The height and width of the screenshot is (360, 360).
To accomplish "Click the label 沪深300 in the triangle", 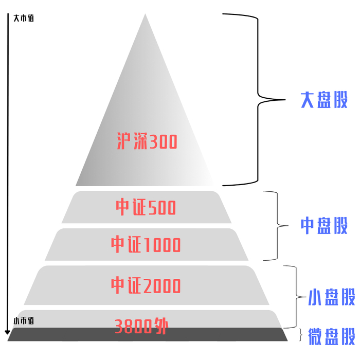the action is click(147, 141).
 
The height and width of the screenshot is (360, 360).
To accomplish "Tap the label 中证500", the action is click(146, 207).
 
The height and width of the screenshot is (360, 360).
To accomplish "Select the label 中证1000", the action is click(146, 245).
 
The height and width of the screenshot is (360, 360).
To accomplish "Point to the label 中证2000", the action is click(146, 285).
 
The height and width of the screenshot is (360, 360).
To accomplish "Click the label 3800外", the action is click(141, 326).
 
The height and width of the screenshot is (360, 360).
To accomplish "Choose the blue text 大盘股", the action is click(324, 100).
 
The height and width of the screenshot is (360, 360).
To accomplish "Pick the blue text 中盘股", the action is click(324, 225).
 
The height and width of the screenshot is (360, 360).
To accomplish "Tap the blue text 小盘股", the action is click(332, 297).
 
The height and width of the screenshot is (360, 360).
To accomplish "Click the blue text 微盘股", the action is click(332, 336).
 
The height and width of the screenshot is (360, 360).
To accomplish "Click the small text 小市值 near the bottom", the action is click(24, 321).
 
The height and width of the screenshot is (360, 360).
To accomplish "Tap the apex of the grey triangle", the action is click(146, 15).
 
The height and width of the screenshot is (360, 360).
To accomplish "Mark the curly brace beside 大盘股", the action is click(257, 99).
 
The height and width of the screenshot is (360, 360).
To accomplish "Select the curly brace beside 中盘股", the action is click(280, 225).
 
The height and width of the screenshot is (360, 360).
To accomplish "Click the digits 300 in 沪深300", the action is click(163, 141).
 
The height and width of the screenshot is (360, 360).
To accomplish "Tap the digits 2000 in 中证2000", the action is click(161, 285).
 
